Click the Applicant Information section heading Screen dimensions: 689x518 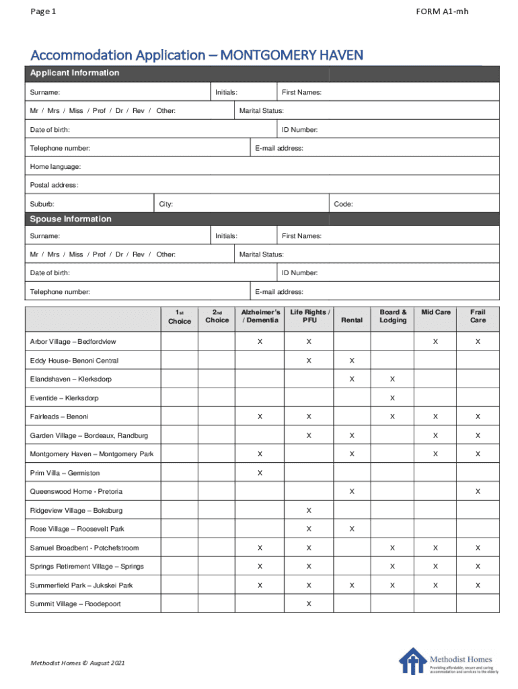pos(74,73)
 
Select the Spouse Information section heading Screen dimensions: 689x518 pos(70,219)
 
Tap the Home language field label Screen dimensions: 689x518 pos(55,167)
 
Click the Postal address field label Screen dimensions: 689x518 pos(54,185)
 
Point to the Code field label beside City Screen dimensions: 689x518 pos(343,204)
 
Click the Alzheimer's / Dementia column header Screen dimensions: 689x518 pos(260,316)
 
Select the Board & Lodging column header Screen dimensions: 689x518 pos(393,316)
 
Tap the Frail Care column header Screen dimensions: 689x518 pos(478,316)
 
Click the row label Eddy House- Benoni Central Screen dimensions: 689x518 pos(74,361)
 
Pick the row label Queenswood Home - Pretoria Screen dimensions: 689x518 pos(76,492)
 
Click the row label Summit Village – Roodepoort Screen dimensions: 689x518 pos(75,604)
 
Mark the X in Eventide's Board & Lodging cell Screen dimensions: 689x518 pos(393,398)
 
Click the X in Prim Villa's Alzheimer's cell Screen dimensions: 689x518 pos(260,473)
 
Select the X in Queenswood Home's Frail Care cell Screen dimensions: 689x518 pos(478,492)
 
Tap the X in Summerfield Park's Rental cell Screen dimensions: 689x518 pos(352,585)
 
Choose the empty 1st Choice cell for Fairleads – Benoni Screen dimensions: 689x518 pos(179,417)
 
